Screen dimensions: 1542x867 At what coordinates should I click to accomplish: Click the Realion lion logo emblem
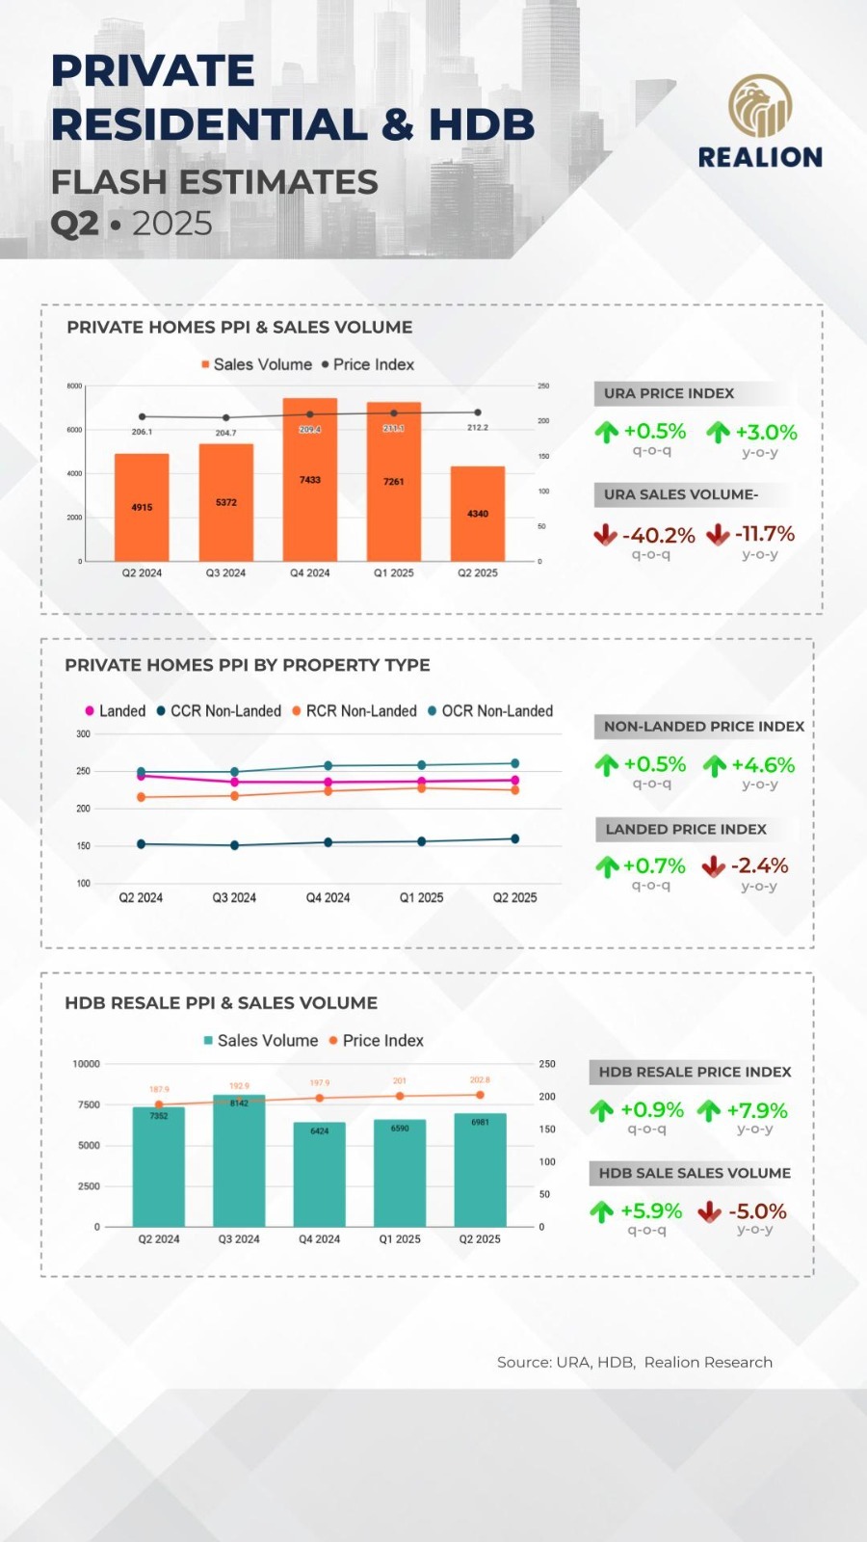point(760,106)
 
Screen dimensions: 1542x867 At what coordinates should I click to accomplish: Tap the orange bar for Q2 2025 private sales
point(478,514)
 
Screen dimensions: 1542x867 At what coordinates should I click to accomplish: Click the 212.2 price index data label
point(478,427)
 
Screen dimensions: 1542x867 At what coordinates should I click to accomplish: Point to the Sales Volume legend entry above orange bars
point(257,364)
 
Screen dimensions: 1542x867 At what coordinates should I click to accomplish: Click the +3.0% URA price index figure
point(766,432)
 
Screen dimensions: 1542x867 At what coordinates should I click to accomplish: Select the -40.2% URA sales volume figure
point(658,535)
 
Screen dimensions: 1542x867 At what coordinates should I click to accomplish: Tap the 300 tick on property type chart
point(84,734)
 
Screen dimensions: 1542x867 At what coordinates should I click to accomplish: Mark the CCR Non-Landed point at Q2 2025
point(514,838)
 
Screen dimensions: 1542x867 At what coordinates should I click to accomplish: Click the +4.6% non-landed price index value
point(762,765)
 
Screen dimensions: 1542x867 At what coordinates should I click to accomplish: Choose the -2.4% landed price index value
point(759,865)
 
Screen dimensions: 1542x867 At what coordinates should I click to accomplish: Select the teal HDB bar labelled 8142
point(239,1161)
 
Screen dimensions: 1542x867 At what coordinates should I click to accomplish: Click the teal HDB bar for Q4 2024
point(320,1176)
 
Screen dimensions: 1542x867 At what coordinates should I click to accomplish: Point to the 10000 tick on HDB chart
point(87,1064)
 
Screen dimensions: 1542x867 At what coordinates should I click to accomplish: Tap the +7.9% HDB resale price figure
point(756,1110)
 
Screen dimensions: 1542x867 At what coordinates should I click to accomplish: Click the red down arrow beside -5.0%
point(710,1211)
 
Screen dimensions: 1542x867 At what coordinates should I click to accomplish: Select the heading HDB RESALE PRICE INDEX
point(695,1072)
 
